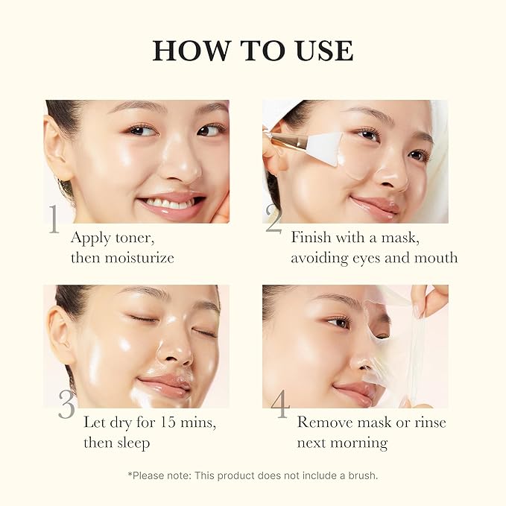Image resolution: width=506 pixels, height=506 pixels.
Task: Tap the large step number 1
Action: (x=54, y=219)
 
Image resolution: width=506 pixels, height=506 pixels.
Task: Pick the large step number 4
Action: (x=279, y=405)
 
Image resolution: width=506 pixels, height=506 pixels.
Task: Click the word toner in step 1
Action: (x=133, y=238)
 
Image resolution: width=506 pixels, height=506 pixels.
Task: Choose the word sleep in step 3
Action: (x=131, y=443)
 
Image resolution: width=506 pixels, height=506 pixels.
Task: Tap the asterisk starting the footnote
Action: (x=129, y=474)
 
